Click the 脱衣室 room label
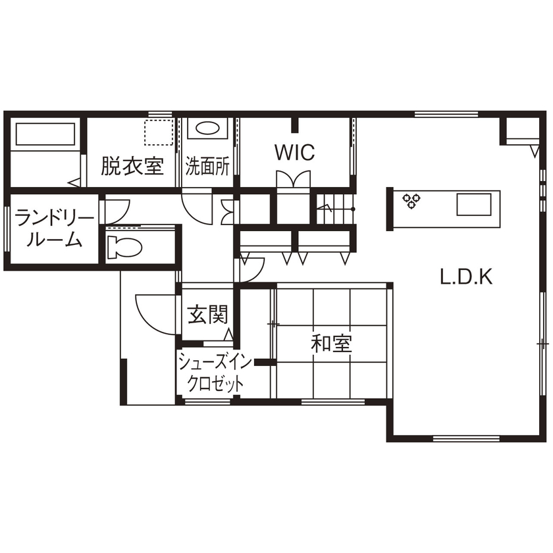(132, 166)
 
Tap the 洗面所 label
(207, 167)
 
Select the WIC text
(294, 153)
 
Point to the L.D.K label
(466, 277)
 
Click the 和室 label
(332, 343)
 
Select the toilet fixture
(125, 246)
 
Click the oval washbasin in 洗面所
(209, 129)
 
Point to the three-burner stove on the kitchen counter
(413, 200)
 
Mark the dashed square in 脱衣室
(159, 132)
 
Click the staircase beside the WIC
(336, 209)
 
